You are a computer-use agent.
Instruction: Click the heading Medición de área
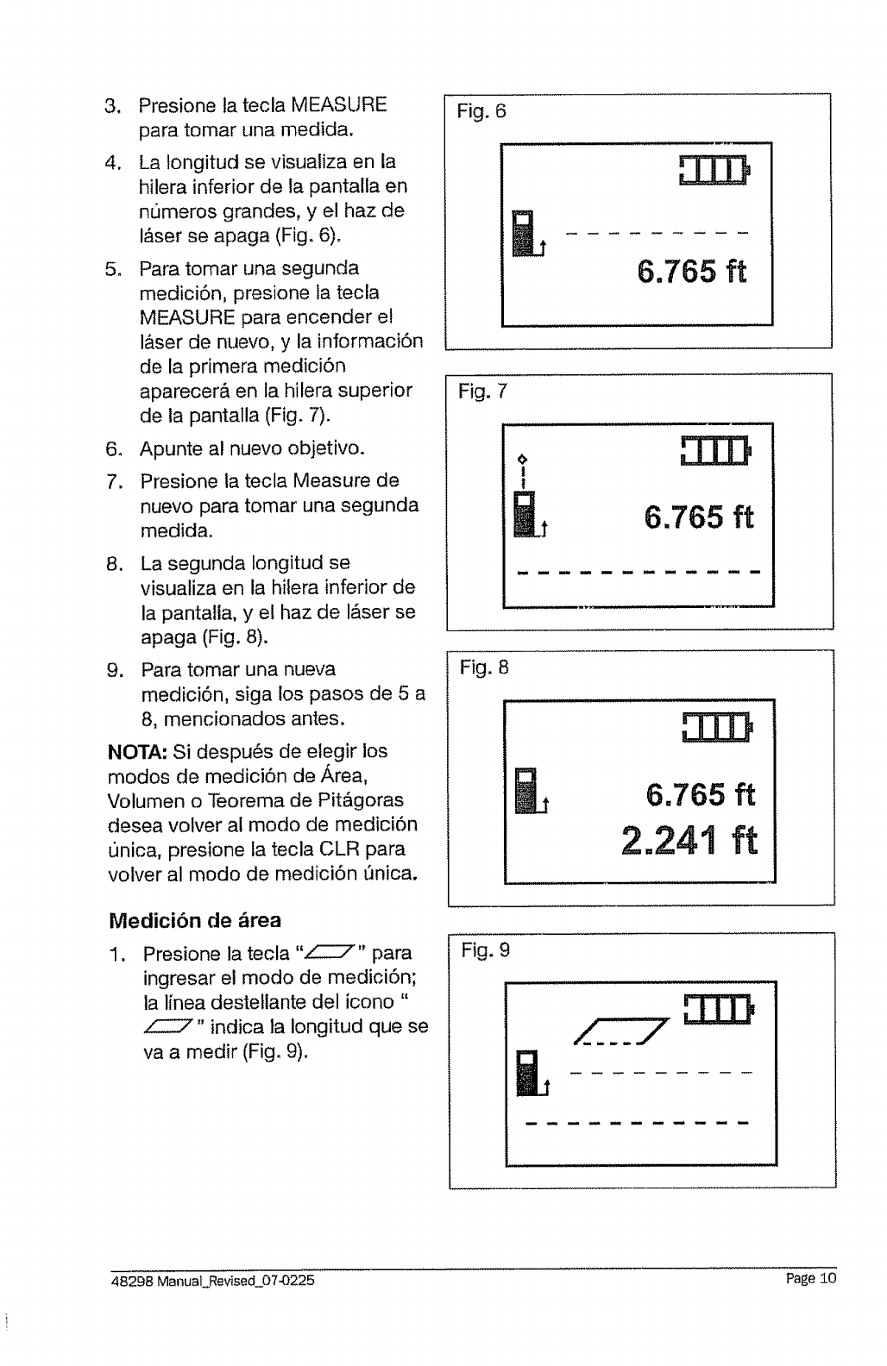[x=194, y=921]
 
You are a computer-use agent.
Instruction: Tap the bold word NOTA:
[x=130, y=751]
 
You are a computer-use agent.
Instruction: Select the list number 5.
[x=111, y=269]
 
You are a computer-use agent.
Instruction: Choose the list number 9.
[x=112, y=670]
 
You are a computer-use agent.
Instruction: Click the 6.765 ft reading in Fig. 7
[x=699, y=518]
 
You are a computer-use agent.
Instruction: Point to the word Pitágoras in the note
[x=357, y=800]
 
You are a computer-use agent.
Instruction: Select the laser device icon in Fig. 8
[x=526, y=790]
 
